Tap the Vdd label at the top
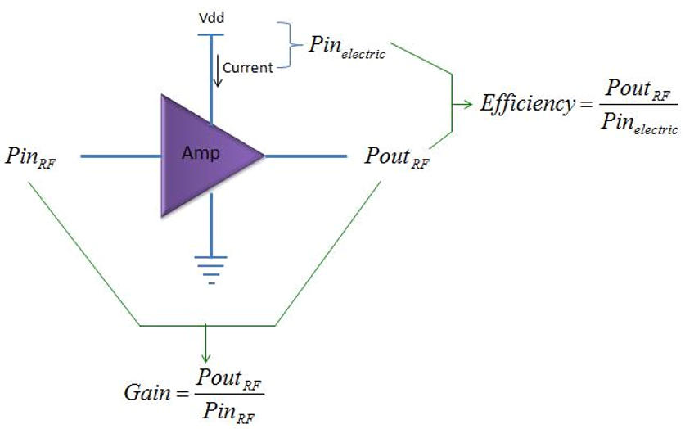click(211, 16)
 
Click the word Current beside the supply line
click(247, 68)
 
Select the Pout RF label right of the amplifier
click(396, 157)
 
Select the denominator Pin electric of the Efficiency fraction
click(638, 123)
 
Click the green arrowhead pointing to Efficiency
click(468, 104)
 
